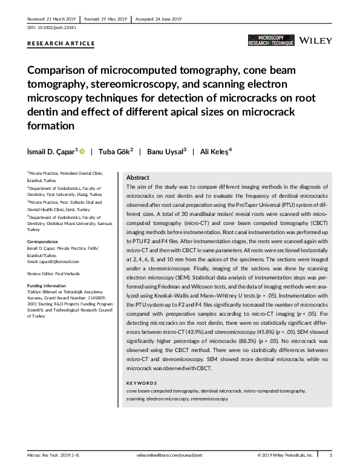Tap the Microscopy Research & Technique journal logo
click(x=271, y=41)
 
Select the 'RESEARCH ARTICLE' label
click(x=61, y=44)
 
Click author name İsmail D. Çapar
click(x=51, y=151)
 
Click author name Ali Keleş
click(x=214, y=151)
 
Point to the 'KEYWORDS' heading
click(x=142, y=383)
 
